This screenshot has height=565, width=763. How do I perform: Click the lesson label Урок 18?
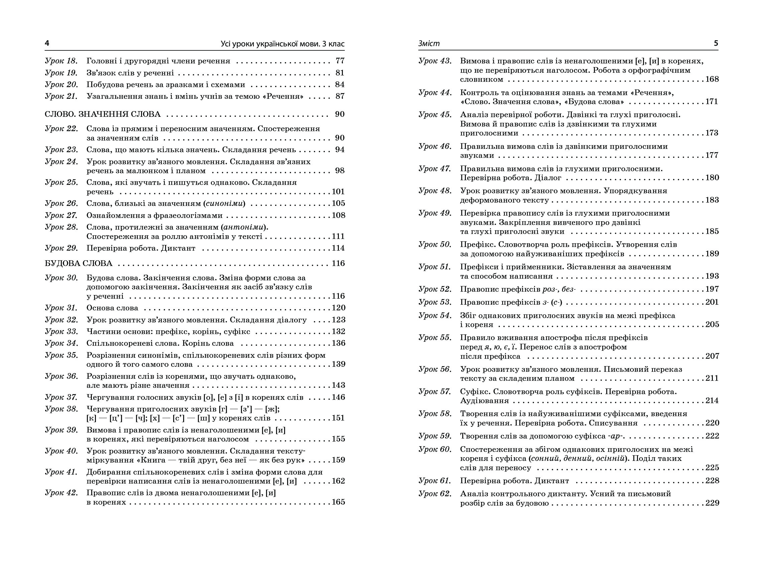tap(61, 61)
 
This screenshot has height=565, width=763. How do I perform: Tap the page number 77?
tap(340, 61)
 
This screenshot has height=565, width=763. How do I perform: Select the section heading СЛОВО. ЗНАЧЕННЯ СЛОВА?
tap(102, 114)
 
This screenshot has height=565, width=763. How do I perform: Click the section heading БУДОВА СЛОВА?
tap(79, 263)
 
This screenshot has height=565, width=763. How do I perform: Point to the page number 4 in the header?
tap(47, 43)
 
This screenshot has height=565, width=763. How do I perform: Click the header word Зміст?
tap(429, 43)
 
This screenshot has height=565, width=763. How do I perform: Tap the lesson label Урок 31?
tap(61, 308)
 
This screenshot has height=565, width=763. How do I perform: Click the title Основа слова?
tap(112, 308)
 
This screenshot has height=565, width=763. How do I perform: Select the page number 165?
tap(338, 502)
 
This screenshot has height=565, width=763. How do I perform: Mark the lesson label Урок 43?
tap(435, 61)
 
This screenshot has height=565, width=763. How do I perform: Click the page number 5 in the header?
tap(716, 43)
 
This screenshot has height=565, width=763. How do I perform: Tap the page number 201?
tap(712, 302)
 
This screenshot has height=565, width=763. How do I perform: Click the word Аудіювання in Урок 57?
tap(484, 401)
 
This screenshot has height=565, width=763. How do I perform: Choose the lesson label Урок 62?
tap(435, 494)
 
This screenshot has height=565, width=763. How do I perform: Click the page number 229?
tap(712, 503)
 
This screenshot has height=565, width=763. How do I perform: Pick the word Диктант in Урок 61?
tap(553, 481)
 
